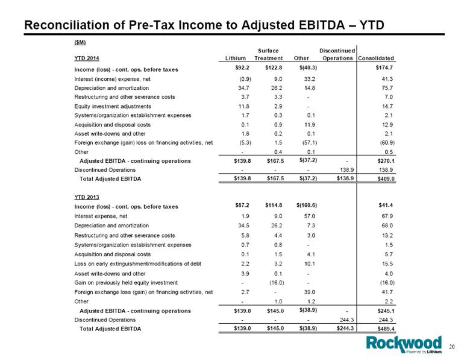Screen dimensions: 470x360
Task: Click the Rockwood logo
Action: click(404, 344)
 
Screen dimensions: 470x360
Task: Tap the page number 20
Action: click(452, 347)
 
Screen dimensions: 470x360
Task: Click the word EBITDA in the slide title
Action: click(322, 25)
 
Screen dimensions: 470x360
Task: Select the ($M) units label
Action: click(80, 42)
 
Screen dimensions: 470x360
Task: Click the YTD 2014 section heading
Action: click(87, 58)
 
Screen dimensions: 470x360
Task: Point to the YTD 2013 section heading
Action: click(87, 197)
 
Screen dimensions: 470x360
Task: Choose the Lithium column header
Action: click(235, 58)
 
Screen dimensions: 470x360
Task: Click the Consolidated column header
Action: click(376, 58)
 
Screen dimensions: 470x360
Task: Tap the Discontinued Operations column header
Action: click(337, 54)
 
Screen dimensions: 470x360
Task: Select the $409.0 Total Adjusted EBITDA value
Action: click(386, 179)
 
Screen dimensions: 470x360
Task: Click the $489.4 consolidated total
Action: click(386, 329)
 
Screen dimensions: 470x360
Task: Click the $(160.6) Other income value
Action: click(307, 206)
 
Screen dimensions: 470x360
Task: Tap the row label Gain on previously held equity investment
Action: click(126, 283)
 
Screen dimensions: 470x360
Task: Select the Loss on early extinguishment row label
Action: click(137, 264)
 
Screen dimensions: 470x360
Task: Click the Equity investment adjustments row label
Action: click(113, 107)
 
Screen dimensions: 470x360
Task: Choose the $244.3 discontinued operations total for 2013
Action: click(345, 328)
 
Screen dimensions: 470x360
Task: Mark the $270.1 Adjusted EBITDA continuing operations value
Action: click(386, 161)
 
